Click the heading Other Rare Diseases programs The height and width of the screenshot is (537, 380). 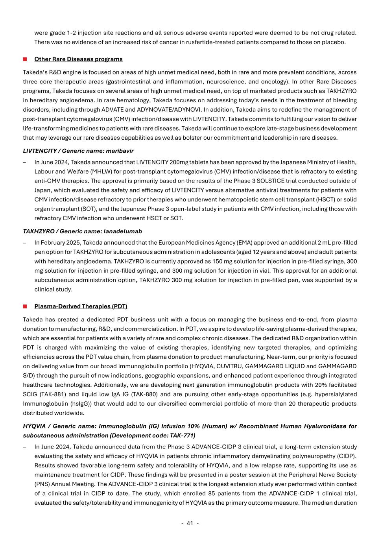[x=78, y=59]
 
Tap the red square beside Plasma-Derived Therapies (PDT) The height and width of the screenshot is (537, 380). [x=25, y=306]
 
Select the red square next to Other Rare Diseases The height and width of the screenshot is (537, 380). [x=25, y=59]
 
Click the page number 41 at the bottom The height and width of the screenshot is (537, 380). [x=190, y=523]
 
